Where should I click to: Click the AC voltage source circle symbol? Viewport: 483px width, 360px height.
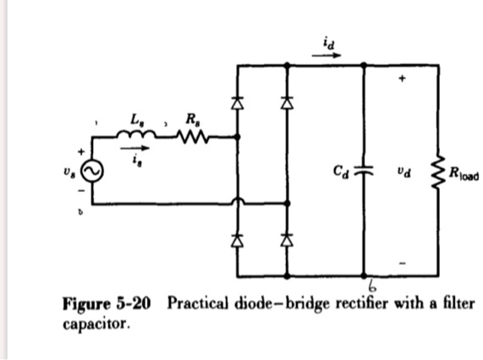92,172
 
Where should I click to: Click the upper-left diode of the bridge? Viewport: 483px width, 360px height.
238,103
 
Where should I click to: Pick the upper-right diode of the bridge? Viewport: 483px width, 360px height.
288,103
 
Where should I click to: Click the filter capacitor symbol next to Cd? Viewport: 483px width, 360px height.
365,169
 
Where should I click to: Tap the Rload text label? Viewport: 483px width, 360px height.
462,177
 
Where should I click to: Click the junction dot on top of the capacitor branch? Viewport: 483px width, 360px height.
365,64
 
